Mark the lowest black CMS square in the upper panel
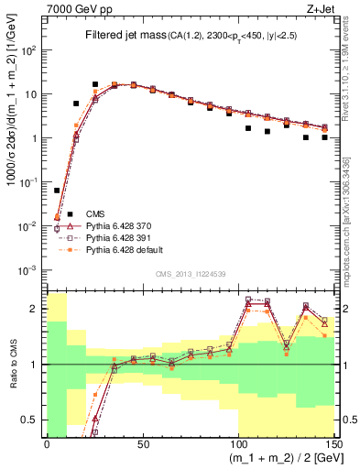click(x=57, y=191)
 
